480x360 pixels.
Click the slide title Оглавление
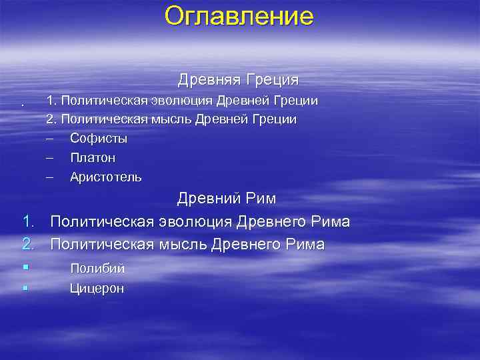point(239,16)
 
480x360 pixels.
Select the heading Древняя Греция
point(238,80)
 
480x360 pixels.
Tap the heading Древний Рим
point(227,199)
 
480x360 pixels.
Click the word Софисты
point(98,139)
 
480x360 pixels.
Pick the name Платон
point(92,158)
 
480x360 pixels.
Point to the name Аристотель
point(105,177)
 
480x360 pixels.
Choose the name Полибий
point(97,269)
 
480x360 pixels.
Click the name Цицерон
point(97,289)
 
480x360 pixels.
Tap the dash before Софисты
point(49,139)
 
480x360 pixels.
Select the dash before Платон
point(49,158)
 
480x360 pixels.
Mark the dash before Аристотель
point(49,177)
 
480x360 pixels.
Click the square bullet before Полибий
point(24,268)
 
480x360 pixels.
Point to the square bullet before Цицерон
point(24,288)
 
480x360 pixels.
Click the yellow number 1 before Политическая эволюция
point(26,221)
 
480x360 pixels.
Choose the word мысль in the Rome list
point(183,245)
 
